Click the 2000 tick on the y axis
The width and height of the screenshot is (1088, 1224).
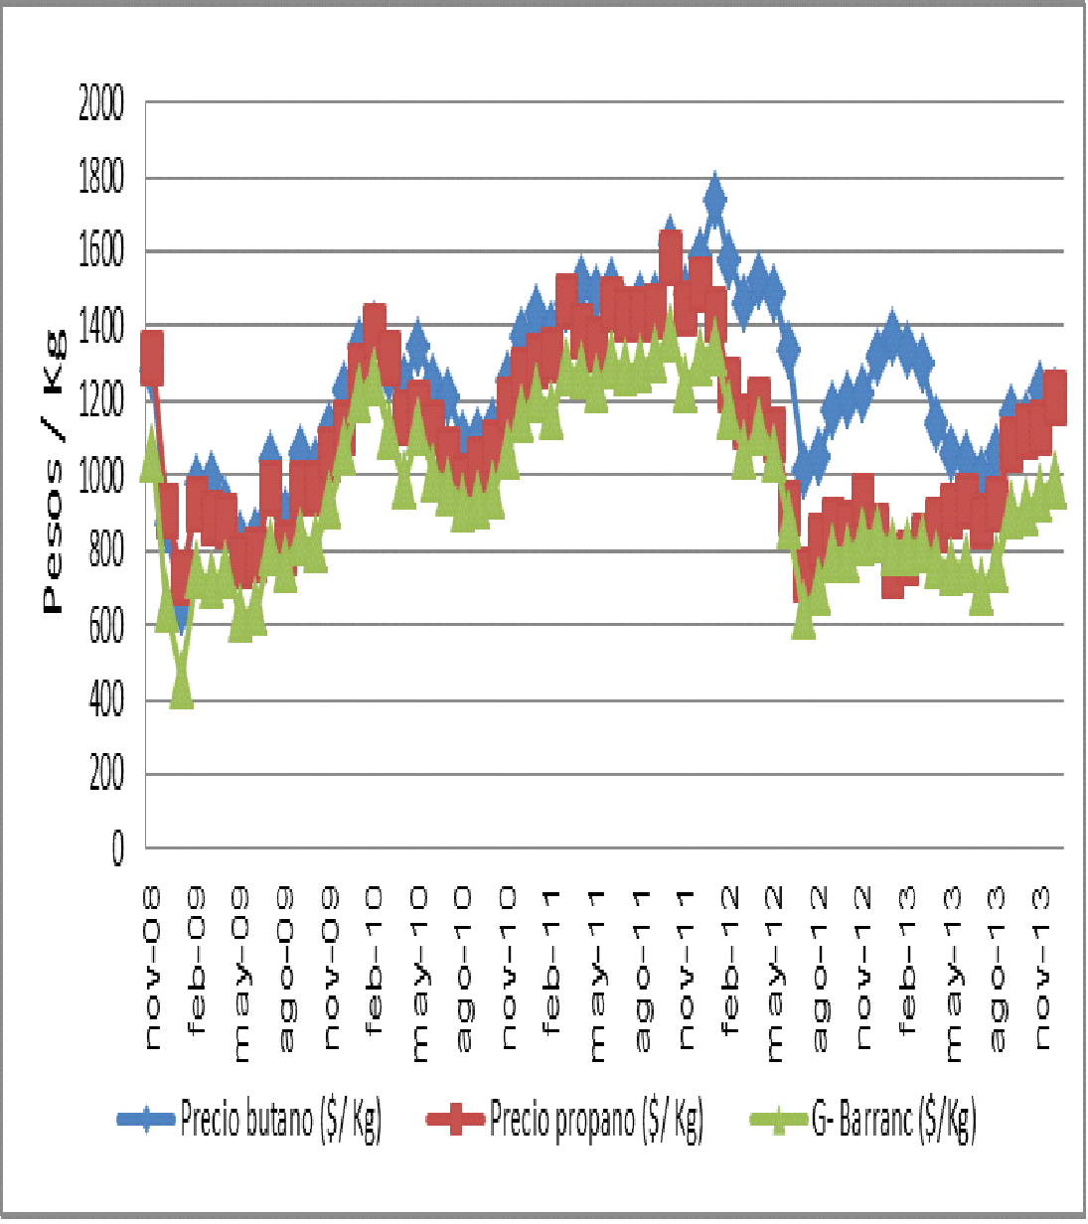click(x=101, y=102)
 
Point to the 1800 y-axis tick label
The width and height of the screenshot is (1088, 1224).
click(x=101, y=178)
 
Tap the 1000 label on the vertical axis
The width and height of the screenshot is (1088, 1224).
click(x=101, y=476)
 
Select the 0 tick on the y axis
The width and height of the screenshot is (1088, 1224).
click(x=117, y=848)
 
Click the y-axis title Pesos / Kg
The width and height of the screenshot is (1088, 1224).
click(x=54, y=474)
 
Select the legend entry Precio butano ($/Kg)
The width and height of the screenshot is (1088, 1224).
click(x=280, y=1120)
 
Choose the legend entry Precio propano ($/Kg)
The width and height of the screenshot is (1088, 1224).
click(x=596, y=1120)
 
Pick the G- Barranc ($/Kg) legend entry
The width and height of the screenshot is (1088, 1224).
click(x=893, y=1120)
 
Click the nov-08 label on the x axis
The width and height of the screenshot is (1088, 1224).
click(x=154, y=970)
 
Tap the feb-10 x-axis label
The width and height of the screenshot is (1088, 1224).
click(x=375, y=963)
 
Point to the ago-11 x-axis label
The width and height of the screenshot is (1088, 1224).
click(x=643, y=970)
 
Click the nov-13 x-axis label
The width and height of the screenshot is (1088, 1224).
click(x=1042, y=970)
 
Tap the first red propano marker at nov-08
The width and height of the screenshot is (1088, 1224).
click(x=151, y=358)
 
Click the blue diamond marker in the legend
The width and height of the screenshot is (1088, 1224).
click(x=147, y=1120)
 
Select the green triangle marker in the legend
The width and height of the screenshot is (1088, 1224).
click(x=779, y=1120)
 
